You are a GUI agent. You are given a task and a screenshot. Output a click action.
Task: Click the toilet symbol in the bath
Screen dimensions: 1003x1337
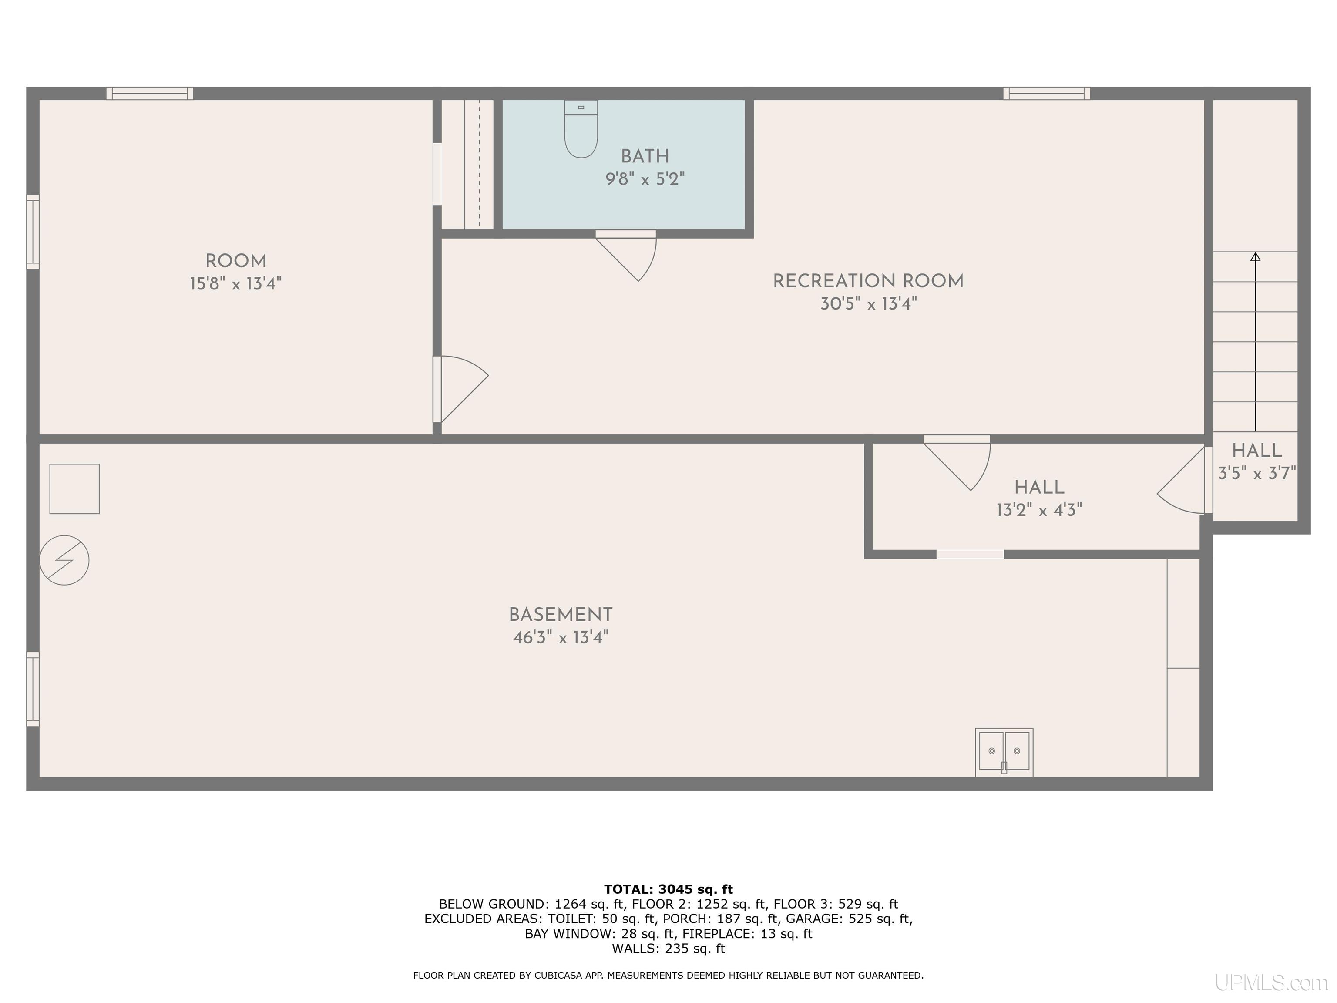point(581,129)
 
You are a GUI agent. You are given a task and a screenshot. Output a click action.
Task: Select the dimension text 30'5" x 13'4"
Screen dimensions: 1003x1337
point(868,303)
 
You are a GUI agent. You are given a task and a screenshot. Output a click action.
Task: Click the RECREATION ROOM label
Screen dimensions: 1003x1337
point(868,281)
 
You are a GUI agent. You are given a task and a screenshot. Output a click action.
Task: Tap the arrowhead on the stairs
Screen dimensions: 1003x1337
point(1256,256)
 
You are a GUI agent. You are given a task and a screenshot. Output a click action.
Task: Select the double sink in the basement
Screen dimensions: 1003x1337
point(1004,752)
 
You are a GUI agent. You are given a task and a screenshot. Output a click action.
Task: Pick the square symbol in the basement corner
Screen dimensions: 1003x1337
point(74,489)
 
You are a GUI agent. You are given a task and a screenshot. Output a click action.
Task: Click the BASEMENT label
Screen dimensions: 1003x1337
point(560,615)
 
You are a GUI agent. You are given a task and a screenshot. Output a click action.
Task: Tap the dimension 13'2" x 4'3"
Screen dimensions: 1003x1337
point(1039,510)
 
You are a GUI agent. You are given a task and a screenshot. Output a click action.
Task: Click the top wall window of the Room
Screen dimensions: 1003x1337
point(150,93)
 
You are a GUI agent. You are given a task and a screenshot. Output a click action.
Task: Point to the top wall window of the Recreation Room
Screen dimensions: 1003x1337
point(1046,93)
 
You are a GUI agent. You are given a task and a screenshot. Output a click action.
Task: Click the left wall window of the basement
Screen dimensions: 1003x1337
point(33,689)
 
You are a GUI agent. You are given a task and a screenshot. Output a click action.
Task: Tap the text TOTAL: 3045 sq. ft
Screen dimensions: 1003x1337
point(668,889)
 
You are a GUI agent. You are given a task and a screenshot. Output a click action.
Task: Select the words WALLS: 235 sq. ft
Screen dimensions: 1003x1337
point(668,949)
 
